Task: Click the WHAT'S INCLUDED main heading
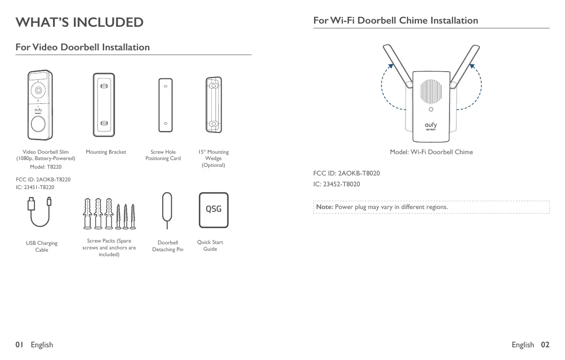(79, 22)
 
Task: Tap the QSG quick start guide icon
(214, 210)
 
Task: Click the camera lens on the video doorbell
(39, 90)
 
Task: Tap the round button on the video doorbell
(39, 123)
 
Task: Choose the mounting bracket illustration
(104, 104)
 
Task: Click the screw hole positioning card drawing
(166, 104)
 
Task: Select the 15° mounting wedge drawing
(213, 104)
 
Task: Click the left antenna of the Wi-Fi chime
(397, 66)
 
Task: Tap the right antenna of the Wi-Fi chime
(466, 66)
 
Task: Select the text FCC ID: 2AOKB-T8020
(347, 173)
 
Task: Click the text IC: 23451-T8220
(35, 187)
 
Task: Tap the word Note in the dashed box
(324, 207)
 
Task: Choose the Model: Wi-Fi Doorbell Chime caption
(431, 152)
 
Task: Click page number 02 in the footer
(545, 345)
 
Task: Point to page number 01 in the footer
(19, 345)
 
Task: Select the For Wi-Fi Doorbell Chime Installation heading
(396, 20)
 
